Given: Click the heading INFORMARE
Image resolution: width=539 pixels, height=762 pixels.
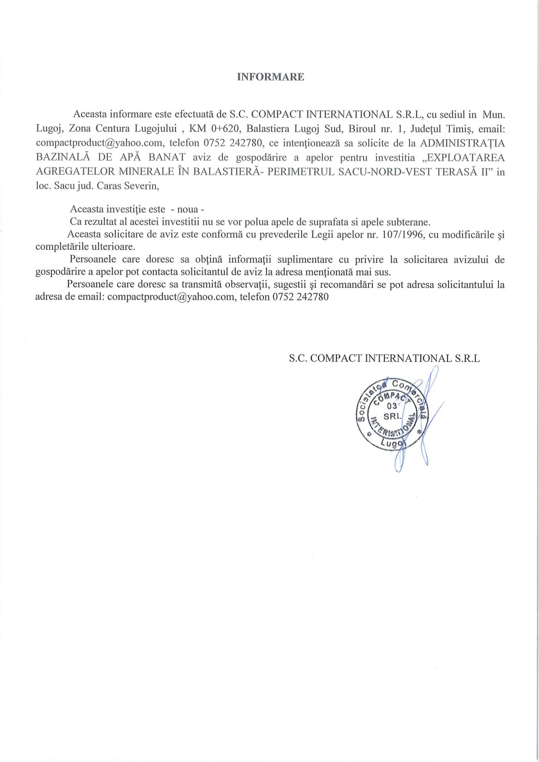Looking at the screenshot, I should click(x=271, y=77).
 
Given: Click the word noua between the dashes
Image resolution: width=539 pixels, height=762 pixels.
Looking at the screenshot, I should click(x=188, y=210).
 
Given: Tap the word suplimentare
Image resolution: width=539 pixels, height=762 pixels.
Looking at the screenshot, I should click(x=301, y=260).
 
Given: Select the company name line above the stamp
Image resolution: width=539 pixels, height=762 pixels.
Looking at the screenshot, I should click(x=384, y=358).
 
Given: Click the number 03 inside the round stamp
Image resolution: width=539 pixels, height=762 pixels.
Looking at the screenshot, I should click(x=391, y=405).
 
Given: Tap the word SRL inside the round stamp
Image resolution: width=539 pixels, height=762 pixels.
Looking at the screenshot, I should click(x=392, y=416).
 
